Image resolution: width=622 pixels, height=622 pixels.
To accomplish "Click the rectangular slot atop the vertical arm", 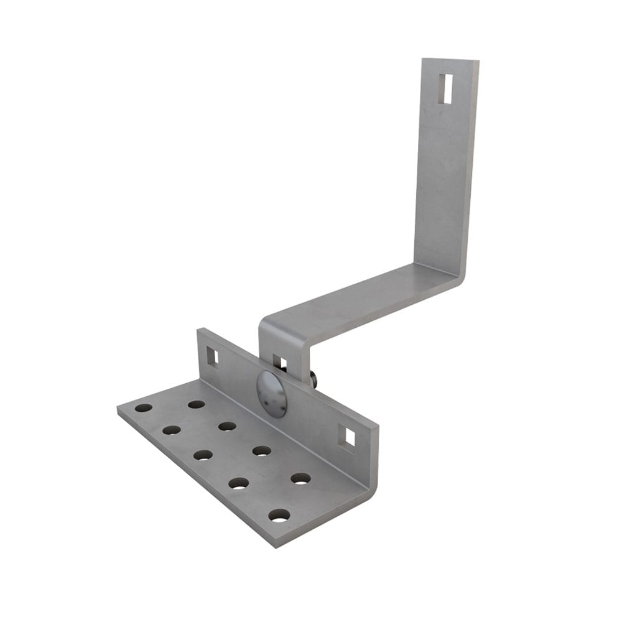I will tap(445, 88).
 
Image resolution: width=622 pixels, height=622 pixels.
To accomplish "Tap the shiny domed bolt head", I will tap(272, 394).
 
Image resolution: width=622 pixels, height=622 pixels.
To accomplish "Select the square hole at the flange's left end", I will tap(212, 356).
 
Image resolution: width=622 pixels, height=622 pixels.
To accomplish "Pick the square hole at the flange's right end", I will tap(350, 437).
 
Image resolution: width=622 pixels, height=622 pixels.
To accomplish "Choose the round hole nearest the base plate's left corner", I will tap(144, 408).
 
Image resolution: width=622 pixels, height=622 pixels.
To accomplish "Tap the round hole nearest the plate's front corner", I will tap(279, 515).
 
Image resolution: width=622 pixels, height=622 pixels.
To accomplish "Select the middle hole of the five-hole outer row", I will tap(203, 455).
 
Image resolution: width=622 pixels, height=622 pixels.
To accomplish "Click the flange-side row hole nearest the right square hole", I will tap(300, 478).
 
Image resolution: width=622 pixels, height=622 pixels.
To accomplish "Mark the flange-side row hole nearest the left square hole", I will tap(197, 404).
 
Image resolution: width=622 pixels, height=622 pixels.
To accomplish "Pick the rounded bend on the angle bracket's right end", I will tap(373, 485).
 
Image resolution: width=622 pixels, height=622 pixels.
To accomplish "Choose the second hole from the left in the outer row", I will tap(172, 430).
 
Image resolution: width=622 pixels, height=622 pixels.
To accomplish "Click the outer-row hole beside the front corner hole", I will tap(239, 483).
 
